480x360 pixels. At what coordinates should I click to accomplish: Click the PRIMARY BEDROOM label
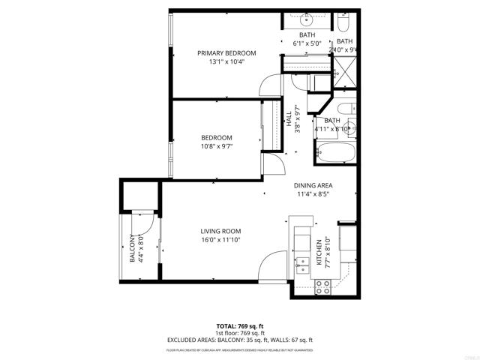tap(226, 52)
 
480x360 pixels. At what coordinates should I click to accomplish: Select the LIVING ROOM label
tap(220, 231)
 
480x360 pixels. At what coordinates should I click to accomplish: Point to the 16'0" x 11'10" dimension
tap(220, 240)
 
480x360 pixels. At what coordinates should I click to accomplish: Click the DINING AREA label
tap(313, 185)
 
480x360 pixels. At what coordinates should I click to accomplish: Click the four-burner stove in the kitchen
tap(324, 285)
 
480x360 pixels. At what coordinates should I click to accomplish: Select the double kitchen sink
tap(303, 262)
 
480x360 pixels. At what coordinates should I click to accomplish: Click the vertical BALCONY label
tap(133, 249)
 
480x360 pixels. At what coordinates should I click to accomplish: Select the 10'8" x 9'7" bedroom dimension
tap(216, 147)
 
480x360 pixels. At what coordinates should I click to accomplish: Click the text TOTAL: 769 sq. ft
tap(239, 325)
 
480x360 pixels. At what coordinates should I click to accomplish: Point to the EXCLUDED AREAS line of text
tap(239, 340)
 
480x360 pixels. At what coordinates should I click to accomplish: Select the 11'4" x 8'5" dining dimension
tap(313, 194)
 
